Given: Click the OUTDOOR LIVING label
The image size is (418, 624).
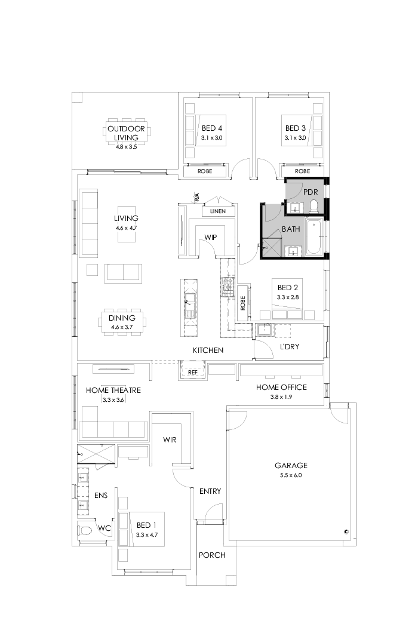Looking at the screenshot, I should coord(125,133).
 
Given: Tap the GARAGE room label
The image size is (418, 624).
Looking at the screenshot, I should coord(291,465).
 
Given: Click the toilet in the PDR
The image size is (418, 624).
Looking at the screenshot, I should coord(314,207).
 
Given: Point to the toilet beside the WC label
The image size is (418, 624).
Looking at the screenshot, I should coord(85,530).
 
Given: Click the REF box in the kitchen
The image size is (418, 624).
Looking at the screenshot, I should coord(193,372).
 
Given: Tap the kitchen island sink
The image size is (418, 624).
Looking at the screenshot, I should coord(190,300).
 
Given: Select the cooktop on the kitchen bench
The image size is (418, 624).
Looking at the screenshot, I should coord(227,287).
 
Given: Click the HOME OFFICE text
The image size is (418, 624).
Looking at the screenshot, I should coord(281,388).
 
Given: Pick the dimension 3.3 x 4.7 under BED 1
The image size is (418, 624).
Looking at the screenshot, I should coord(146,534).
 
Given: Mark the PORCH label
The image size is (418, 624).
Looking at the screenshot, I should coord(212,555).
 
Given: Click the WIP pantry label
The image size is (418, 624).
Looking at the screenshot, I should coord(210,237).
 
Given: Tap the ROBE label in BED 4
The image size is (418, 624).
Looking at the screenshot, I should coord(205,171).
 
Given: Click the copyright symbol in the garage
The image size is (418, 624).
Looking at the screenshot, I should coord(346,531).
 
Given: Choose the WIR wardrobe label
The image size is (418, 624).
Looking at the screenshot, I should coord(170,439).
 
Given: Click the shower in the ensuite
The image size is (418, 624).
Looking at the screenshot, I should coord(96,454).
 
